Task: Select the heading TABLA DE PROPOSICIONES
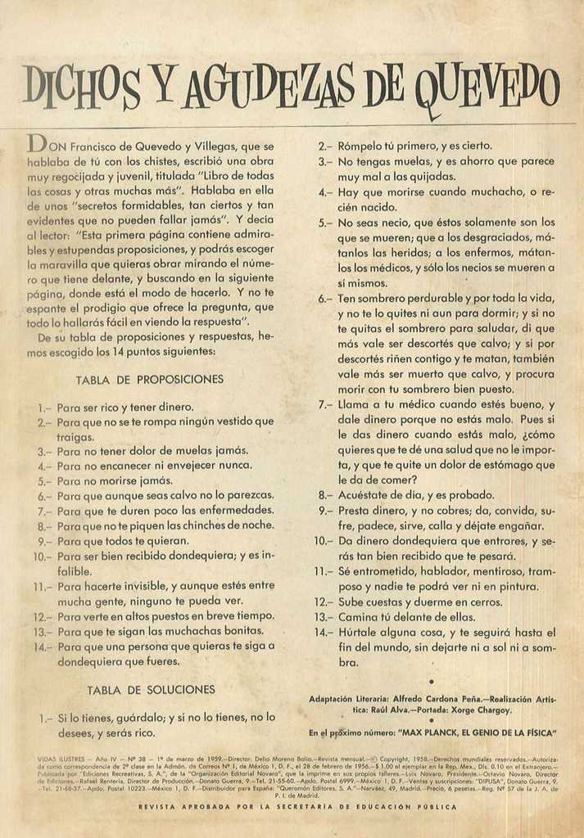click(x=149, y=380)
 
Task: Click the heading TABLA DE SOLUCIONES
click(x=151, y=690)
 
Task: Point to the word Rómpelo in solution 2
click(x=361, y=146)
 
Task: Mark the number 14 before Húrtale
click(x=322, y=633)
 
